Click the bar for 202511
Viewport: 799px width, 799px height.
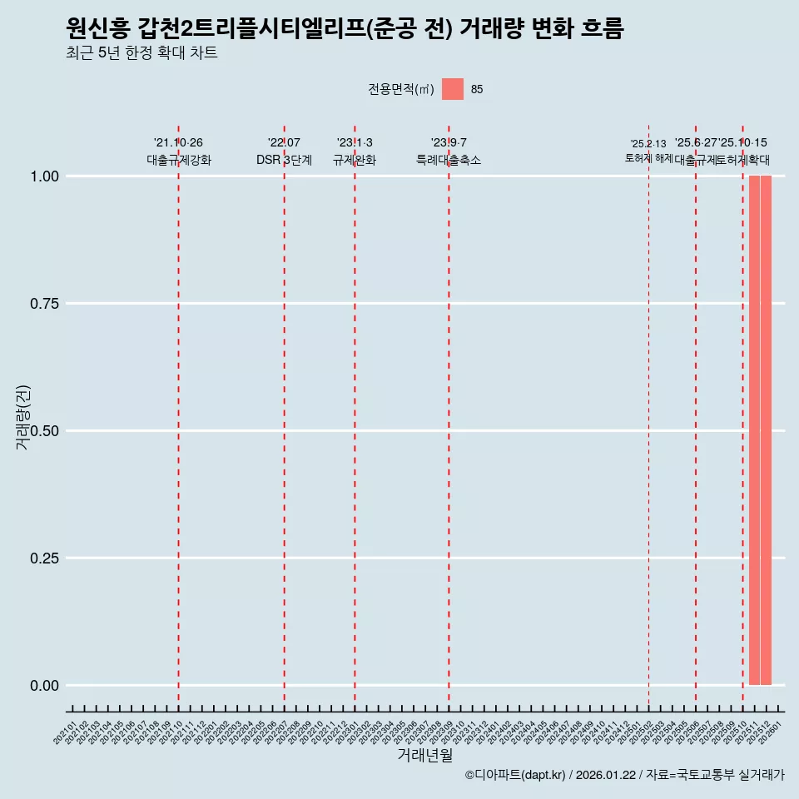tap(754, 430)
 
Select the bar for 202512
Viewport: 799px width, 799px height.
tap(766, 430)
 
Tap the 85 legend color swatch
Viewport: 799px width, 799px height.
tap(453, 89)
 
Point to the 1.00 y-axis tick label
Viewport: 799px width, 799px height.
tap(46, 176)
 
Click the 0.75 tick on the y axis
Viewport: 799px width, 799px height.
tap(46, 304)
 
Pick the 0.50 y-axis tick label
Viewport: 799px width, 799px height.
tap(46, 431)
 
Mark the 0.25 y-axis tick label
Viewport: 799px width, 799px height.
tap(46, 558)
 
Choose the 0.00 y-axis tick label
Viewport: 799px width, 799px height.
tap(46, 686)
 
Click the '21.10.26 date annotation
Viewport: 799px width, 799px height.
tap(178, 143)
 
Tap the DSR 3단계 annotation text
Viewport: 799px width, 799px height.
tap(284, 161)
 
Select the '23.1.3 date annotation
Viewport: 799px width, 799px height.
tap(355, 143)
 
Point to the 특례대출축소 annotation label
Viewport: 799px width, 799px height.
tap(449, 161)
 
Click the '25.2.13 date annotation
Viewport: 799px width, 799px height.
tap(648, 144)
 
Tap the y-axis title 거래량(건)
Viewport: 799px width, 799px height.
tap(23, 417)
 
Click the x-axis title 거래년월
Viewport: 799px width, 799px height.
tap(425, 756)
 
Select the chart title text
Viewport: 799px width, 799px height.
tap(345, 28)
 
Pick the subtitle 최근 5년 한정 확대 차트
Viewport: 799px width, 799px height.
tap(141, 53)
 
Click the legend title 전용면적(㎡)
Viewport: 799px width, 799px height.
tap(401, 89)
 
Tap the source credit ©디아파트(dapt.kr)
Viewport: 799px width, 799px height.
tap(516, 776)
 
